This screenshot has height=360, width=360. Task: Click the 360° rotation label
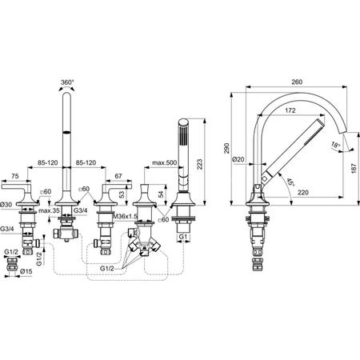click(x=66, y=82)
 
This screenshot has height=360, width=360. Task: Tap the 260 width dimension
click(x=297, y=82)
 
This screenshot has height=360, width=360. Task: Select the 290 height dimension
click(x=226, y=148)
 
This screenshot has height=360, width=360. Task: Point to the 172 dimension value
click(x=290, y=110)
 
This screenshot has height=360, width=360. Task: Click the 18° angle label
click(x=335, y=146)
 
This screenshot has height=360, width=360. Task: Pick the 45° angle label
click(x=290, y=182)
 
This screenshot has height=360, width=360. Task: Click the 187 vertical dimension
click(x=354, y=169)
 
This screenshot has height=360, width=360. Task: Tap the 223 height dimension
click(x=199, y=164)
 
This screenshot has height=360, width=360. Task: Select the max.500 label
click(x=165, y=162)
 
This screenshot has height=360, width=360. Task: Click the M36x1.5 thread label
click(x=125, y=216)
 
